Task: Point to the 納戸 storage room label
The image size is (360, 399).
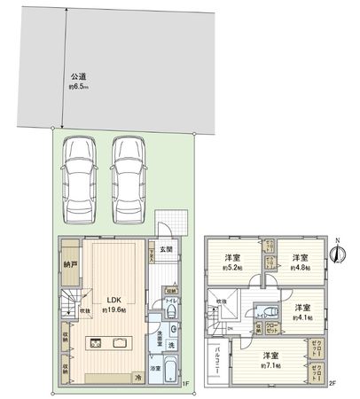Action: (70, 263)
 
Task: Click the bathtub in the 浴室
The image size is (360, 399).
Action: (171, 372)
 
